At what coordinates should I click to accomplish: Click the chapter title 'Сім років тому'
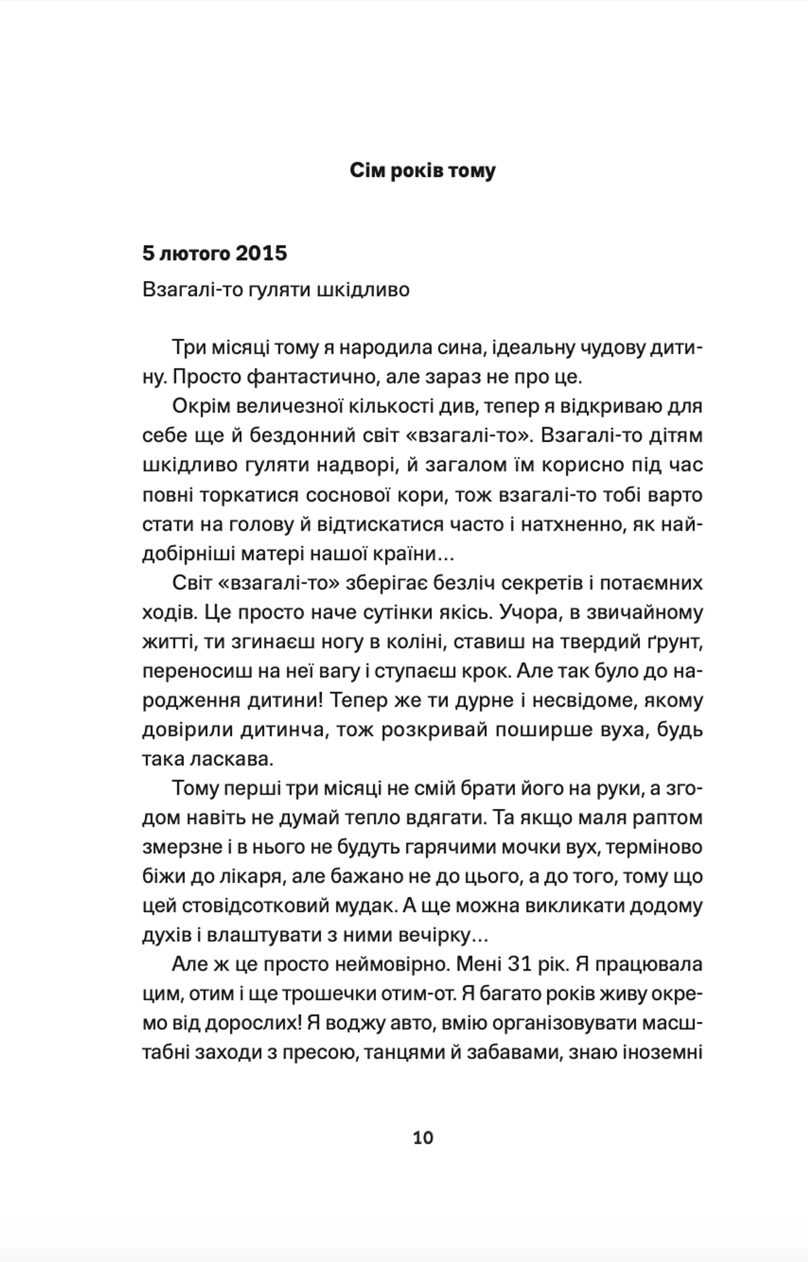coord(423,170)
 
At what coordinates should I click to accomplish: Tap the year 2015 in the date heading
coord(261,253)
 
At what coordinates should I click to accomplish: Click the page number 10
coord(423,1138)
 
